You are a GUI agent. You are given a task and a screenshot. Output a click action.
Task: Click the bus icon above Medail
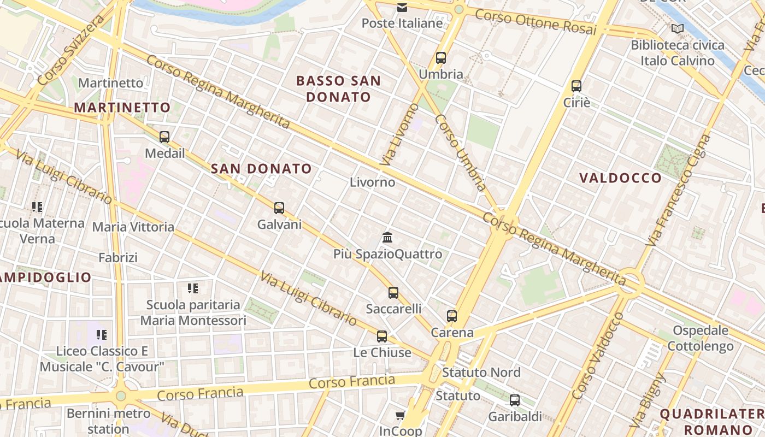click(x=164, y=137)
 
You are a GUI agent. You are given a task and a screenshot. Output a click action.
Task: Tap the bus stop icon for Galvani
click(x=279, y=208)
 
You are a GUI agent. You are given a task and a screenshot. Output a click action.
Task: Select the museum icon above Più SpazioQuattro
click(x=388, y=238)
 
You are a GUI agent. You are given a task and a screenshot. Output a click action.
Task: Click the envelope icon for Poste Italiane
click(x=402, y=7)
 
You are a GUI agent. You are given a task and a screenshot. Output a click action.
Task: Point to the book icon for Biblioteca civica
click(x=678, y=28)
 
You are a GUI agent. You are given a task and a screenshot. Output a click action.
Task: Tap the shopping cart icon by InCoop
click(x=401, y=416)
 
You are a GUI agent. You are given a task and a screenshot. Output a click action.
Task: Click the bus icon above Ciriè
click(x=576, y=86)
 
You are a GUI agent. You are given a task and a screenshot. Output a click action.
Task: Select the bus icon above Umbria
click(x=441, y=58)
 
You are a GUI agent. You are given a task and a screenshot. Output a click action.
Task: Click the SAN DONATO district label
click(x=261, y=169)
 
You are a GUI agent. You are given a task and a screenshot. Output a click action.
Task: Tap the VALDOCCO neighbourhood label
click(x=620, y=178)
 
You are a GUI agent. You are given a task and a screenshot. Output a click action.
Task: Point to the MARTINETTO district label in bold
click(x=122, y=107)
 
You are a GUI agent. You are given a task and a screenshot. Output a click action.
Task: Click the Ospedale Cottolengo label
click(x=700, y=338)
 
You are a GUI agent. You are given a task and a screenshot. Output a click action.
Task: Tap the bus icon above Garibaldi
click(x=515, y=400)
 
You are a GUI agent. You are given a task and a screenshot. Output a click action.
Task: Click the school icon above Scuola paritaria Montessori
click(x=193, y=288)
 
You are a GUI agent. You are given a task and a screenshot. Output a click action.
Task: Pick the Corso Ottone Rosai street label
click(x=535, y=22)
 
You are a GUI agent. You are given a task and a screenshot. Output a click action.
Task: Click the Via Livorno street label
click(x=399, y=134)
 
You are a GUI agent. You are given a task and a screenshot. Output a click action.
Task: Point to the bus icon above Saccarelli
click(x=393, y=293)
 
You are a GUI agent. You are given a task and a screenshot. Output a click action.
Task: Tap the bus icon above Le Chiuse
click(x=382, y=336)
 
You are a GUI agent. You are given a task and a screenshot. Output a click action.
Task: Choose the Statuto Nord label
click(x=481, y=373)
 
